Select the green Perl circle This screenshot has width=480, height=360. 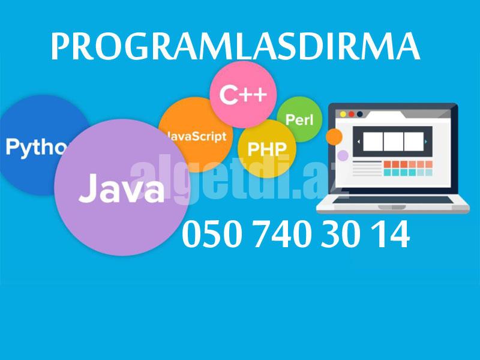tap(299, 119)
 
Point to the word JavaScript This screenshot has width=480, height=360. tap(195, 136)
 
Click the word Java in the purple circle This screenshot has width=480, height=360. tap(121, 187)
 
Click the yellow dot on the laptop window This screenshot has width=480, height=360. tap(343, 113)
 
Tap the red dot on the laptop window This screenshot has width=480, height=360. tap(352, 113)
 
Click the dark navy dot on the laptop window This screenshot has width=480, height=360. tap(360, 113)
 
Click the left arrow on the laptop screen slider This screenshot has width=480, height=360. tap(359, 142)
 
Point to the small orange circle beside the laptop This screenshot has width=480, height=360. tap(334, 137)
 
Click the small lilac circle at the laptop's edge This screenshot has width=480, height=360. tap(343, 156)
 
